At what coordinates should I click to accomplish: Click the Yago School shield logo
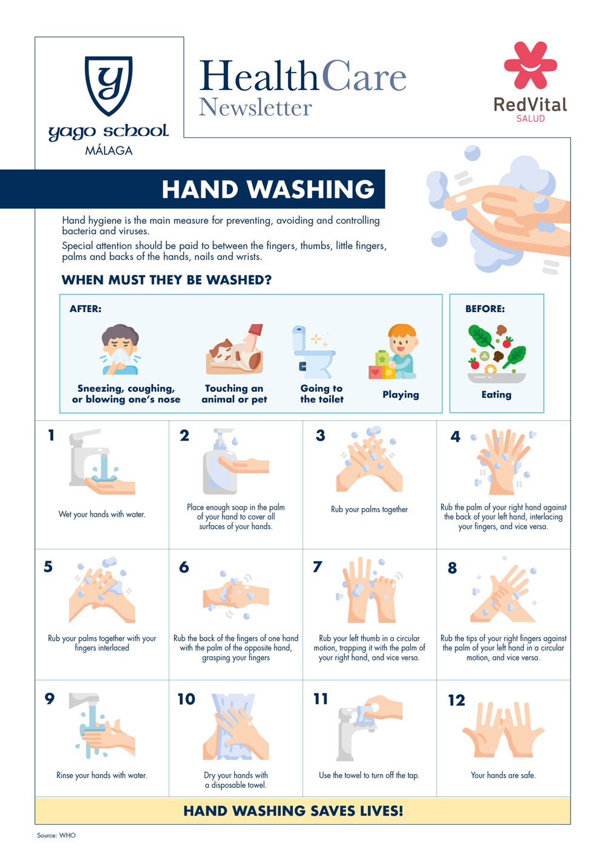(108, 85)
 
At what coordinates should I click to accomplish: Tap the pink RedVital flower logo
(531, 65)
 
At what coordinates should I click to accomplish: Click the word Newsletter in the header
(255, 106)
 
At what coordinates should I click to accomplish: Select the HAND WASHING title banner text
(268, 189)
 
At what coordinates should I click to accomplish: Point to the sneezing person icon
(120, 349)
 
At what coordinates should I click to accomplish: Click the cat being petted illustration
(234, 349)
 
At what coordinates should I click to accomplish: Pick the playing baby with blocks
(393, 351)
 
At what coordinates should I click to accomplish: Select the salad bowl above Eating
(497, 354)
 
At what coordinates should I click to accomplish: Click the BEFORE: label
(485, 308)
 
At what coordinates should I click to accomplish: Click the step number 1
(51, 435)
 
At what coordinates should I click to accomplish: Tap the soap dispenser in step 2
(220, 461)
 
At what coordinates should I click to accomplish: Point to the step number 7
(317, 566)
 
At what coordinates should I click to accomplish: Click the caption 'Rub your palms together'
(369, 509)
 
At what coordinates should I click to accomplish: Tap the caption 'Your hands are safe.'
(503, 775)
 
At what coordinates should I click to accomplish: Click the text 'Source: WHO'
(56, 835)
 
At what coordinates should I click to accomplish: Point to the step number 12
(457, 700)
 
